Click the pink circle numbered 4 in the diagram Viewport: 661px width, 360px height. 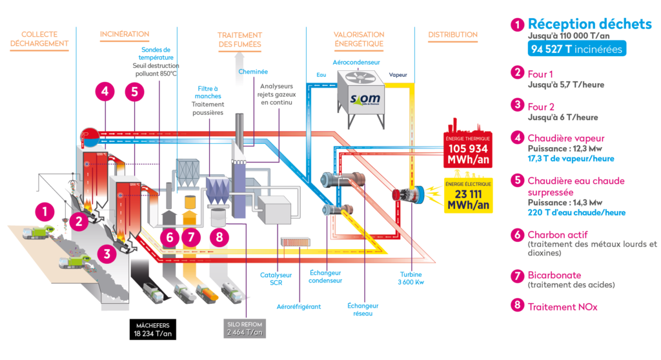tap(105, 91)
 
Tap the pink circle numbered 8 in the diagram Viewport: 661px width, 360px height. tap(219, 237)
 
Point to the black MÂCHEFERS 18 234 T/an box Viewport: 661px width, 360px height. tap(152, 329)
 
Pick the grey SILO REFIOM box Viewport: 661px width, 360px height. tap(245, 328)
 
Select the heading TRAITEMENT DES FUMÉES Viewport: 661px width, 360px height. tap(239, 39)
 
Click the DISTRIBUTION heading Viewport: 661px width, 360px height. tap(453, 34)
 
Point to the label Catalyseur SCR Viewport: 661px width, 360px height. tap(277, 279)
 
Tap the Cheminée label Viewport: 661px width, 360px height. tap(252, 72)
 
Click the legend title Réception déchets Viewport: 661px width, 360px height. tap(590, 24)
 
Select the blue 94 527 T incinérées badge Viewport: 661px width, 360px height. tap(567, 48)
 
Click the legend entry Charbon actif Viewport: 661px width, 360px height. tap(558, 235)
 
